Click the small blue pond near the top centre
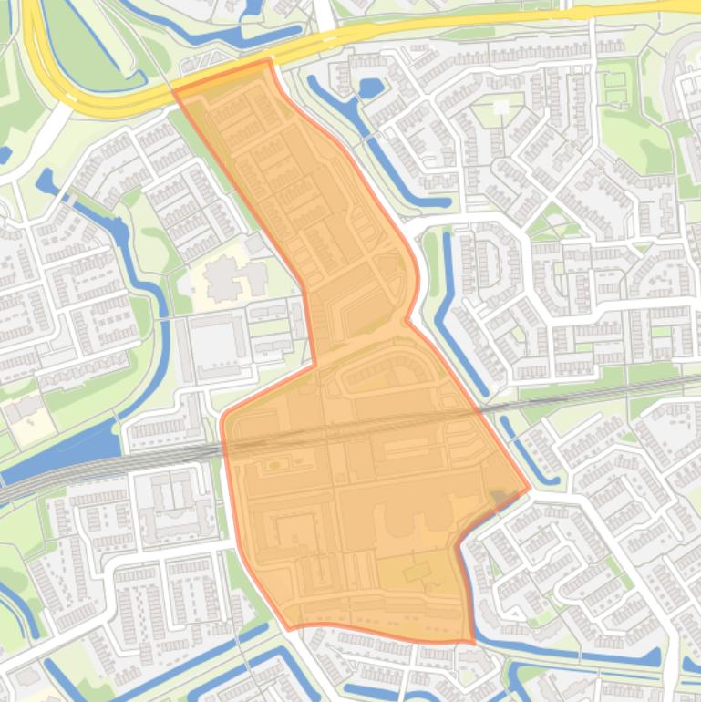370,88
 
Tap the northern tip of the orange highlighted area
269,60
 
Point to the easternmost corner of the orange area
529,488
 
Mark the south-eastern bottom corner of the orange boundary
473,643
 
